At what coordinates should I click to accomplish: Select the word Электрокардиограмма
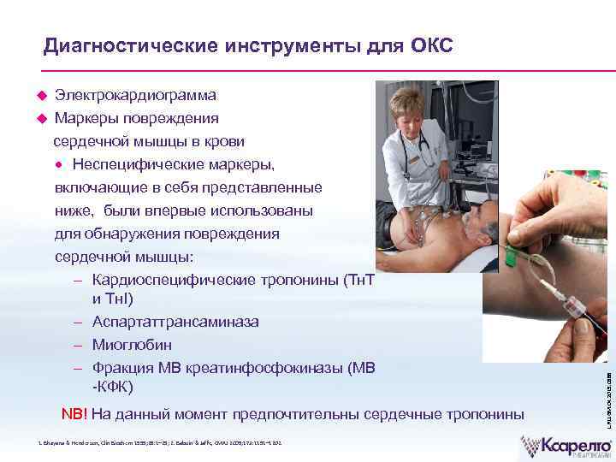pos(135,95)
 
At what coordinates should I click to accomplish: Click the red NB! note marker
pos(74,415)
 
